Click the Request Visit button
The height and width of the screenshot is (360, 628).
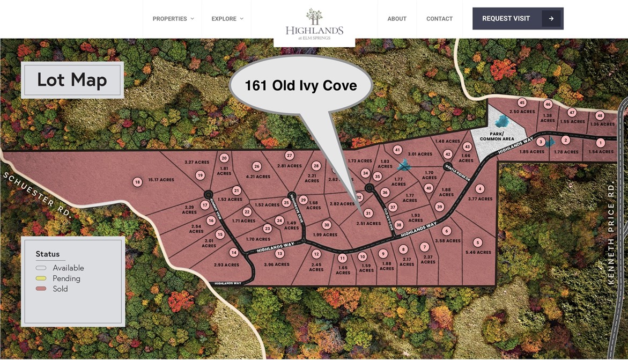(518, 19)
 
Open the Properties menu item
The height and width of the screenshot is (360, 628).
(173, 19)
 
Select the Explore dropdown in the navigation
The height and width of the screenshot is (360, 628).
(227, 19)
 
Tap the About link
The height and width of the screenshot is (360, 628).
(397, 19)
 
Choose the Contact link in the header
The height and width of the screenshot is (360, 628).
(439, 19)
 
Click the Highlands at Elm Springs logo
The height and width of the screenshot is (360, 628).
(314, 25)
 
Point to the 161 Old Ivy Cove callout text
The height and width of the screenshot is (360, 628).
(301, 85)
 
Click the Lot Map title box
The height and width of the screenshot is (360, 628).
(72, 80)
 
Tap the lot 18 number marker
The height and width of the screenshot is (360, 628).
(137, 182)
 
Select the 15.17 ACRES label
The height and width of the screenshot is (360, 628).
(161, 180)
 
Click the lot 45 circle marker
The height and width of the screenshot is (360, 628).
(522, 102)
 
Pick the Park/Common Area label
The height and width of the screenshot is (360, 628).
(497, 136)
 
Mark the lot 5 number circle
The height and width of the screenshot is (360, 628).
(478, 243)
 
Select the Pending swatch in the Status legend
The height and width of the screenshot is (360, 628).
(41, 278)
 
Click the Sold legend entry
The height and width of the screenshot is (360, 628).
(60, 289)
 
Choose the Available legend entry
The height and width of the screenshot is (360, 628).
(68, 268)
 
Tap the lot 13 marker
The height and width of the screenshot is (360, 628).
(279, 253)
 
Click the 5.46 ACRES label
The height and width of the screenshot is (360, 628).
(478, 252)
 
